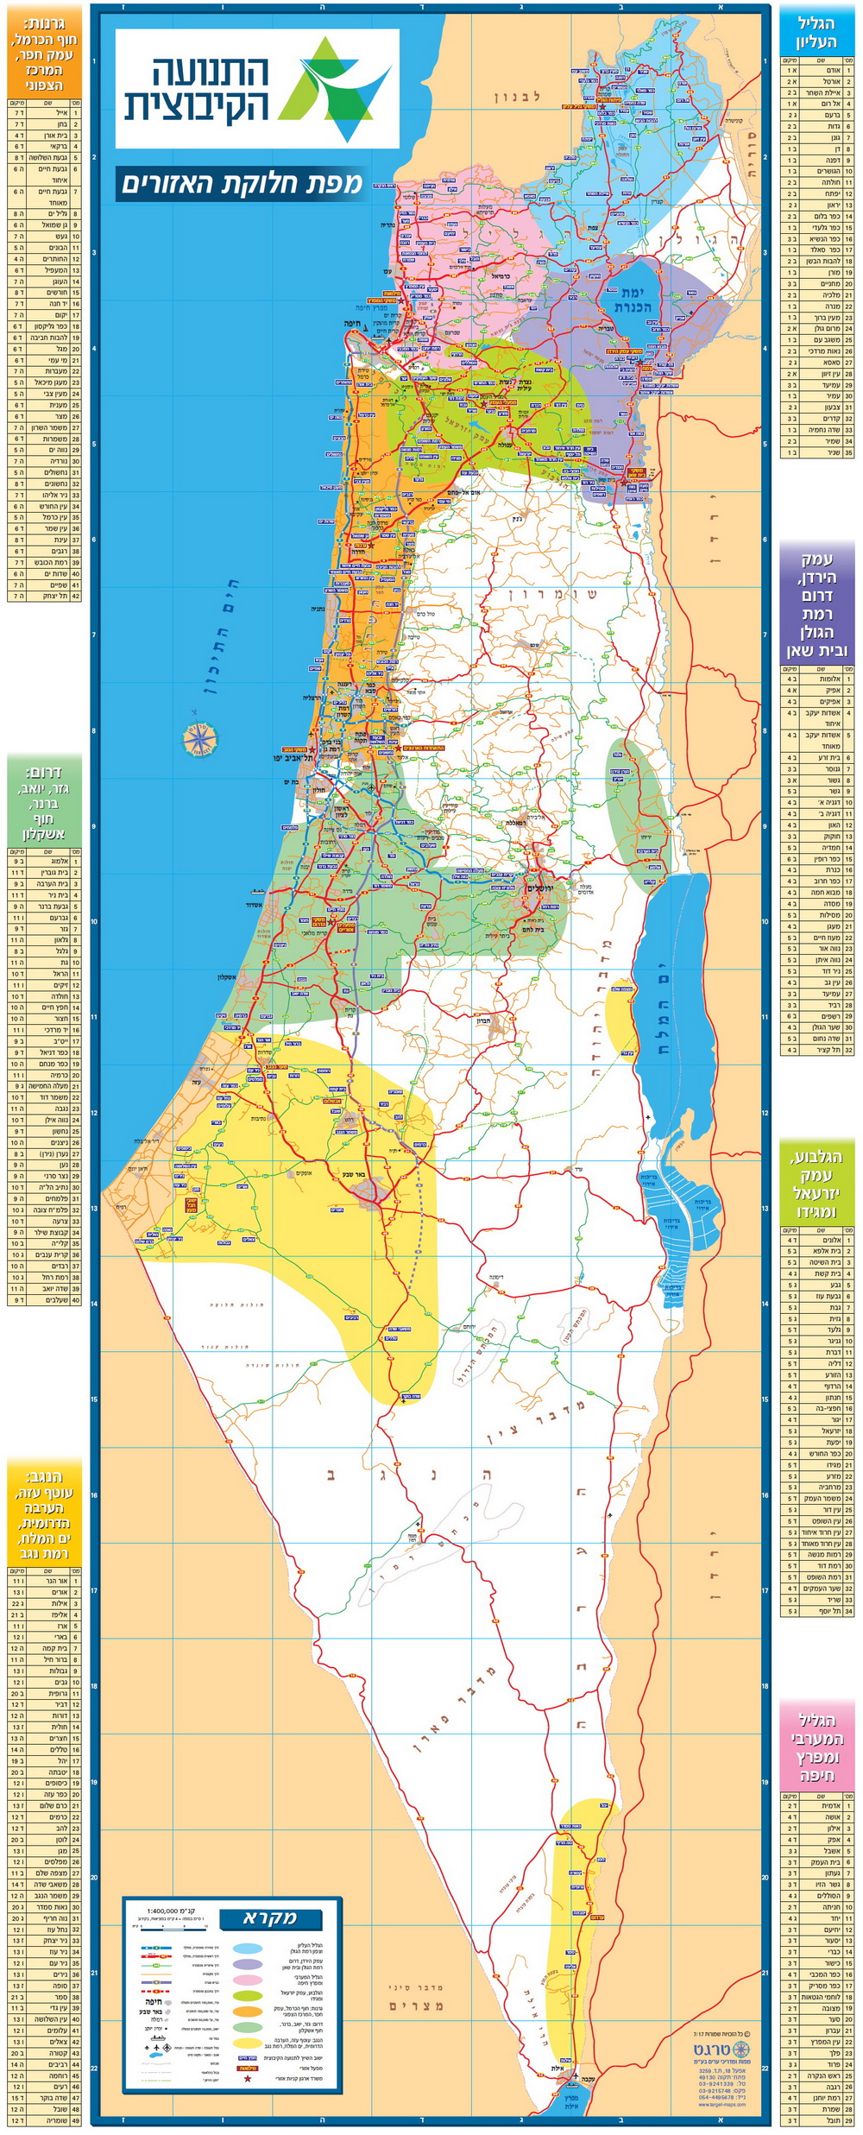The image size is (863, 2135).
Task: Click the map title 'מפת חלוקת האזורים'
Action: (242, 183)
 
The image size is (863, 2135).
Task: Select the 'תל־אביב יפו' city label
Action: (291, 757)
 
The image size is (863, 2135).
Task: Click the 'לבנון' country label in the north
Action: (517, 97)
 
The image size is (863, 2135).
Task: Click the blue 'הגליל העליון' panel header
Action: (816, 32)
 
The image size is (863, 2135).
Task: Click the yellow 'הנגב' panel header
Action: (44, 1511)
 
